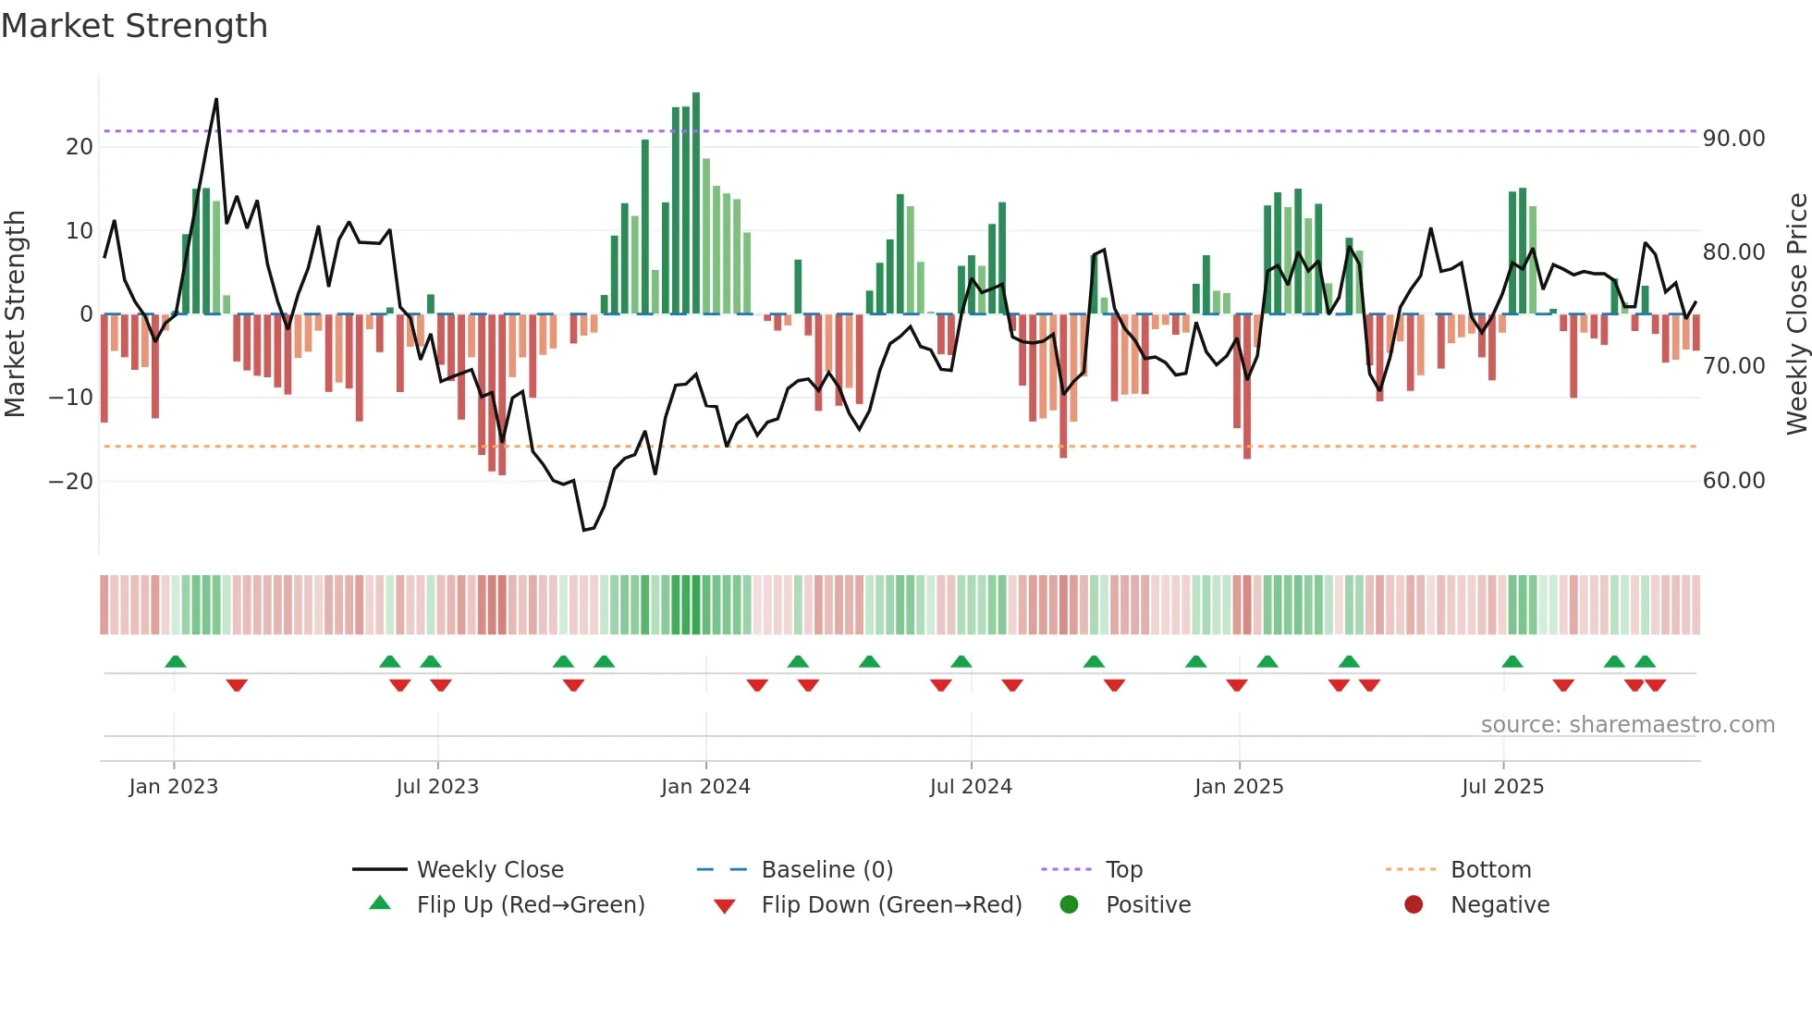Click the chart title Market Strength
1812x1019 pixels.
(x=135, y=26)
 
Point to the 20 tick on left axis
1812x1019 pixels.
(x=80, y=147)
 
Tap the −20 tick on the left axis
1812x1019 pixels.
(x=71, y=482)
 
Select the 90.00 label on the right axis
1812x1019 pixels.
(x=1733, y=139)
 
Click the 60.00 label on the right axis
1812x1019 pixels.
(x=1733, y=481)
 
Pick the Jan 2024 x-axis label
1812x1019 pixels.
(x=705, y=787)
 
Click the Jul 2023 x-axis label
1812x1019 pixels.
(x=437, y=787)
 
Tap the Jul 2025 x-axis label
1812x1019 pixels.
(x=1502, y=787)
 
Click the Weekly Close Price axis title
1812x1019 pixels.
(x=1796, y=314)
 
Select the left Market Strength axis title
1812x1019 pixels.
(x=16, y=314)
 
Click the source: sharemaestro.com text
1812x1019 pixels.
(x=1627, y=725)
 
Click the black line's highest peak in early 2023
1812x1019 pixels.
(x=216, y=100)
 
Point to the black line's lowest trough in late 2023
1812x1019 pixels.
(x=584, y=530)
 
